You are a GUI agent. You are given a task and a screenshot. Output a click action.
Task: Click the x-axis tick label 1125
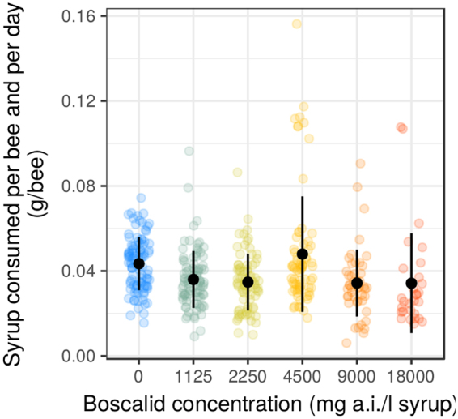pos(193,376)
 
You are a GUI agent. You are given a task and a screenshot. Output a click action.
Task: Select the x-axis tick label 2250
pos(248,376)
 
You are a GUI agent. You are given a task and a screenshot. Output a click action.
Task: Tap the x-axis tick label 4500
pos(302,376)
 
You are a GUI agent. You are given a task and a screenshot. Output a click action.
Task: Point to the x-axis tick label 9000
pos(357,376)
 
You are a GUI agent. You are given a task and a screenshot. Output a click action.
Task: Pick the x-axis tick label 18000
pos(411,376)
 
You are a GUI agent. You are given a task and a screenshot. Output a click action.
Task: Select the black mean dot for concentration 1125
pos(193,279)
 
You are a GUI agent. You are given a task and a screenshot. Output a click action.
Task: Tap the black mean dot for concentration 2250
pos(248,282)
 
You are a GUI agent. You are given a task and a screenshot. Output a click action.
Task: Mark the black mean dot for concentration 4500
pos(302,254)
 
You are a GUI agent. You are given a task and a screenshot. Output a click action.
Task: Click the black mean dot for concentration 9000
pos(357,283)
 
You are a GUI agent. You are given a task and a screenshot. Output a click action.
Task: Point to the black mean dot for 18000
pos(411,283)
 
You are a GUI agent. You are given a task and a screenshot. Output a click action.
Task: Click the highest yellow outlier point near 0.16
pos(297,24)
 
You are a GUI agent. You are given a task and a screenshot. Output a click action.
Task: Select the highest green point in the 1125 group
pos(189,151)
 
